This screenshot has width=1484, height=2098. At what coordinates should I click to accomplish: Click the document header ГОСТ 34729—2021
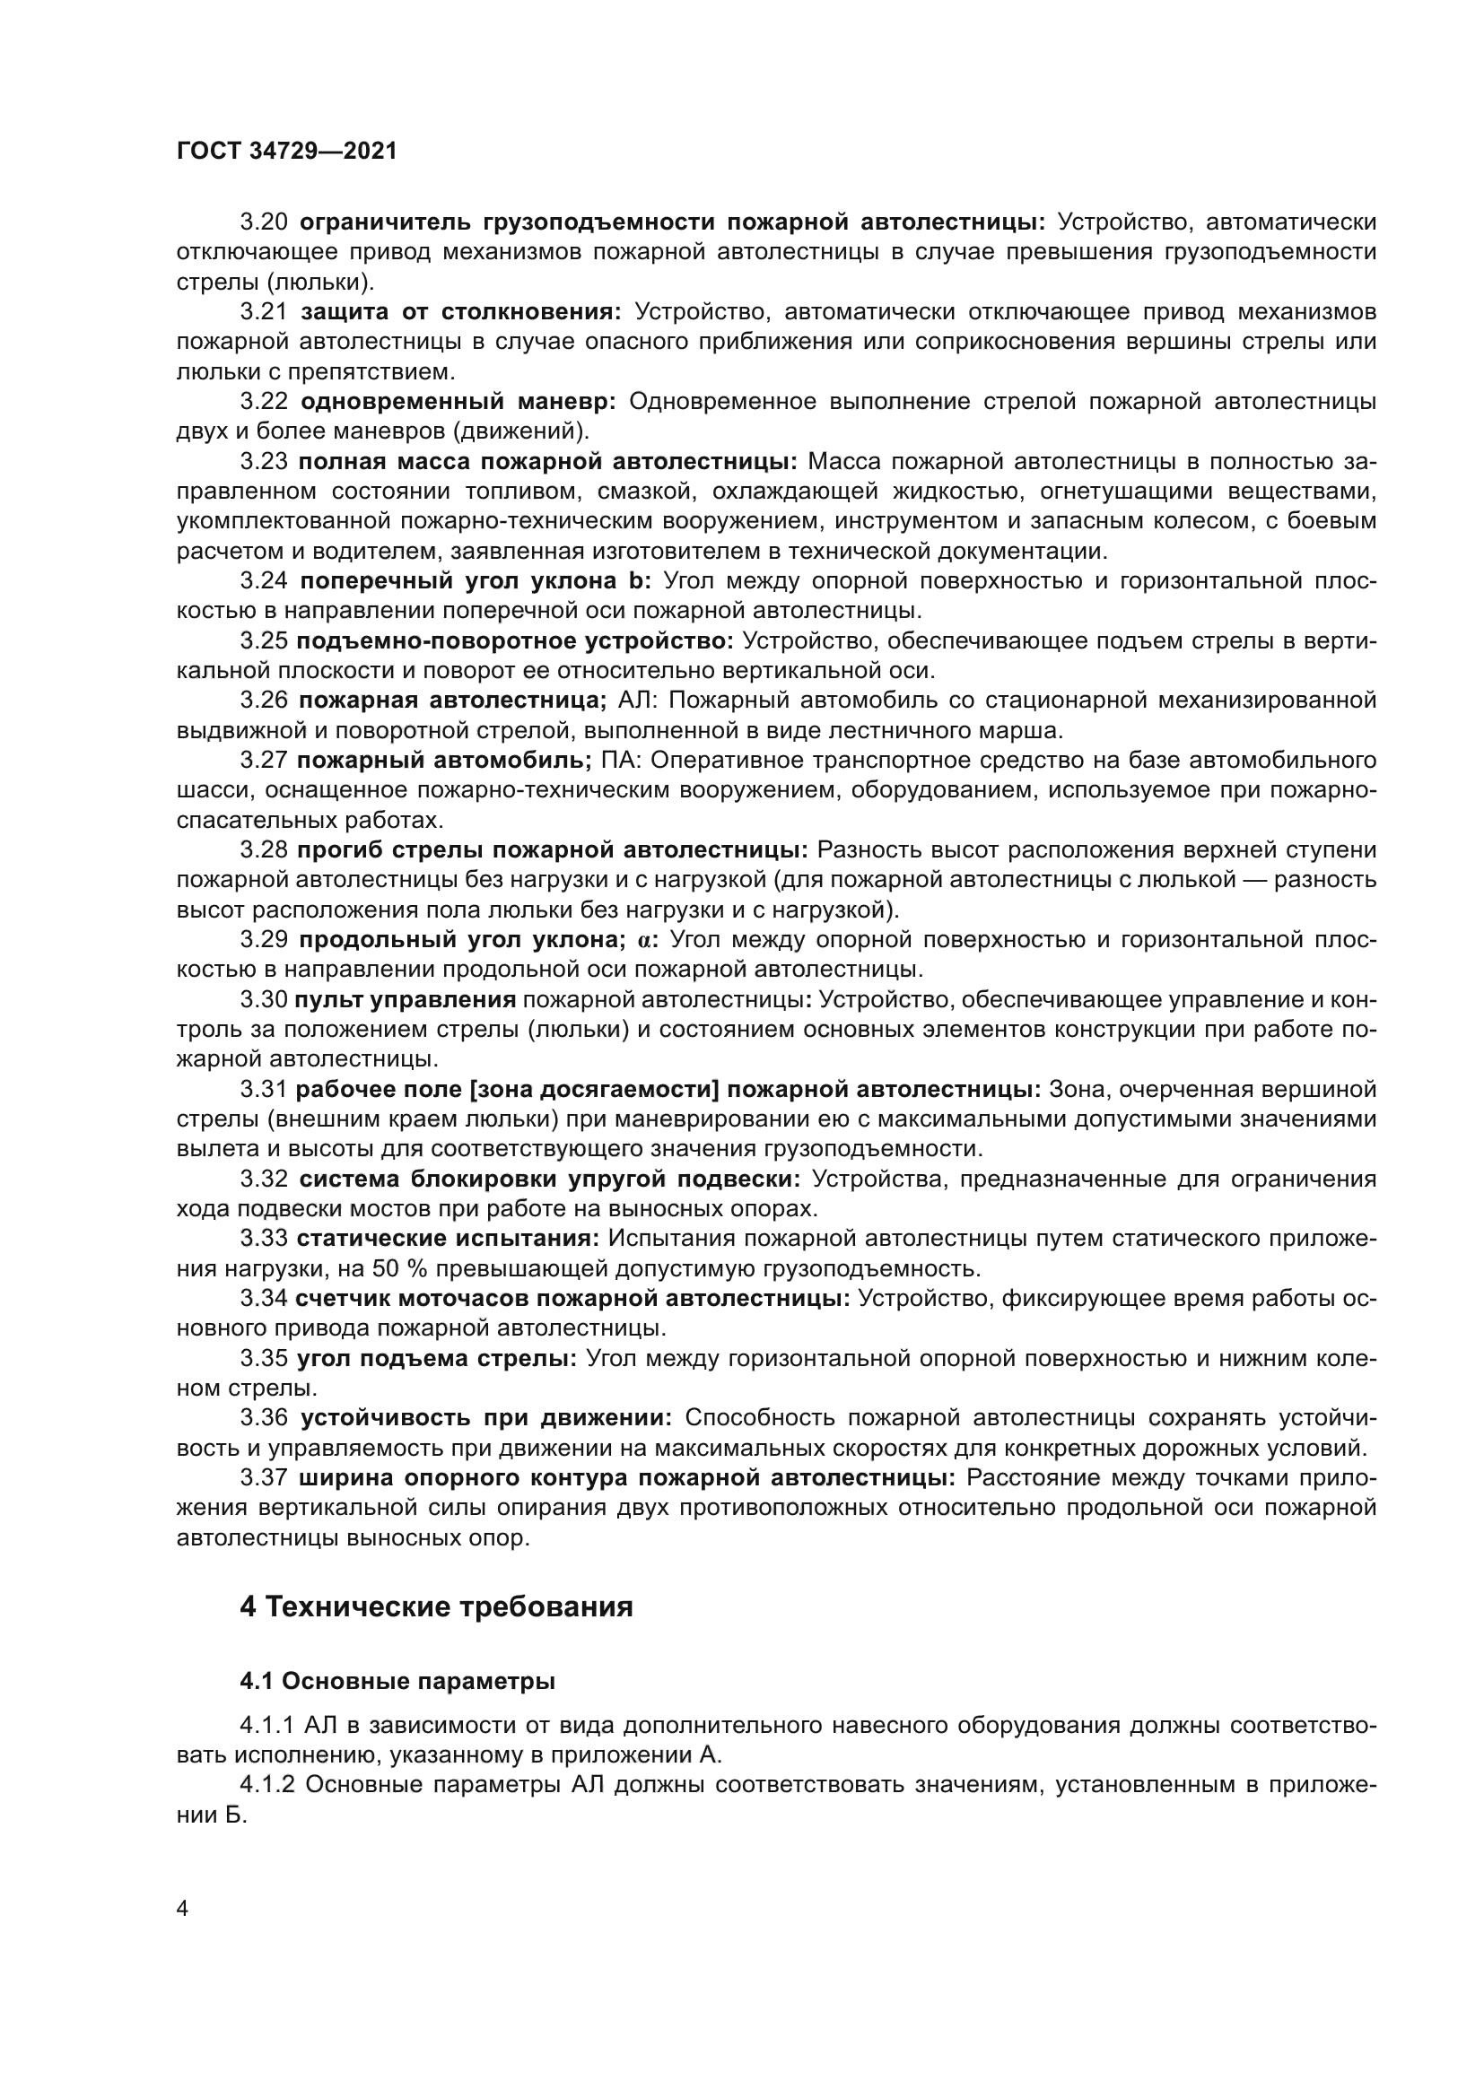coord(286,152)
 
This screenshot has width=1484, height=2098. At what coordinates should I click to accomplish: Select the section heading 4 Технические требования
coord(436,1606)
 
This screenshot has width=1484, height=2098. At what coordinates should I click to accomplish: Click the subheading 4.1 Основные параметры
coord(397,1681)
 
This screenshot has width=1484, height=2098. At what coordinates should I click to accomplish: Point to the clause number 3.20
coord(264,222)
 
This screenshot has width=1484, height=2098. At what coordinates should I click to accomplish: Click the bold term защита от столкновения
coord(460,312)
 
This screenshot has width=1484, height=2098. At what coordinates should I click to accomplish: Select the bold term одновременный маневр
coord(458,402)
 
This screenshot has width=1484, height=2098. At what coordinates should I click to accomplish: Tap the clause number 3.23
coord(264,462)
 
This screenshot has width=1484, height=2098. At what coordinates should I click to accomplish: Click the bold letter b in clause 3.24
coord(638,582)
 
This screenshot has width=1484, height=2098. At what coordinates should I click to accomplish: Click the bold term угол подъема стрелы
coord(436,1359)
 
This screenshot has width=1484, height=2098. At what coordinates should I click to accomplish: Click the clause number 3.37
coord(264,1478)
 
